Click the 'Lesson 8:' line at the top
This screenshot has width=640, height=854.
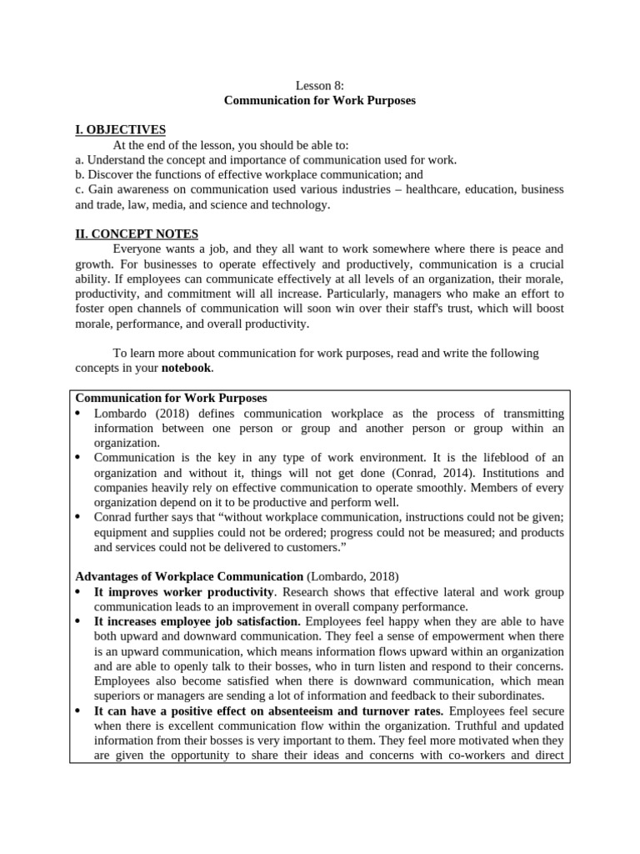(x=320, y=85)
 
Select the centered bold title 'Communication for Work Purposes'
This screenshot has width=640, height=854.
(x=320, y=100)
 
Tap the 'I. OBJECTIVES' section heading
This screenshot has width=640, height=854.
(x=121, y=129)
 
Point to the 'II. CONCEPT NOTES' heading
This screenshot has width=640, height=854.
(x=137, y=234)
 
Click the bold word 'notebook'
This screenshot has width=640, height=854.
(x=186, y=368)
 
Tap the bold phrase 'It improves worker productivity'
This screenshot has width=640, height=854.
(x=184, y=592)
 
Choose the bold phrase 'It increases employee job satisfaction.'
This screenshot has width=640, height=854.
(x=197, y=622)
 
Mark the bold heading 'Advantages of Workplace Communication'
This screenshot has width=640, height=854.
(x=189, y=576)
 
